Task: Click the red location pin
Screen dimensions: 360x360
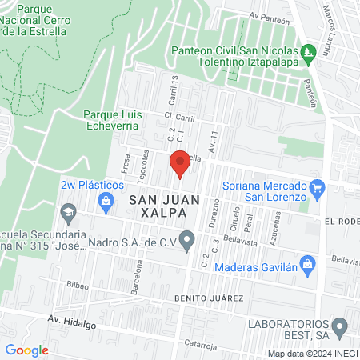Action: (181, 165)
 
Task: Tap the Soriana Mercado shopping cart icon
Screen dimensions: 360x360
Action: (318, 189)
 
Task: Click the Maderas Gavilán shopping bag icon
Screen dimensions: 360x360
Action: (306, 263)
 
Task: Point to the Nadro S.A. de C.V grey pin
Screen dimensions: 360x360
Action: (187, 239)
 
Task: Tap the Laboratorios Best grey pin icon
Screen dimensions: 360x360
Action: (339, 326)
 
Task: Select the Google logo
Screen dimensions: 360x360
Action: (26, 350)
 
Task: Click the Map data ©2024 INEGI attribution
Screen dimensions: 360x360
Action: (310, 354)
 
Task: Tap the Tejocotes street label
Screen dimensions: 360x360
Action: (145, 163)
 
